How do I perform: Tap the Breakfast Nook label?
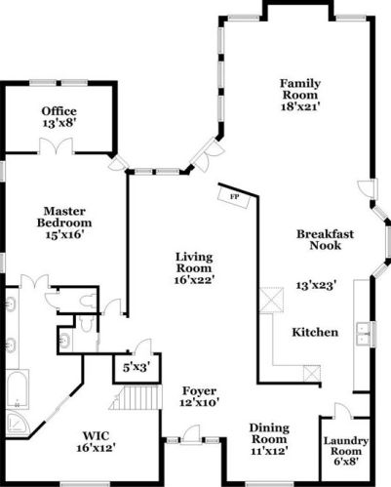point(324,240)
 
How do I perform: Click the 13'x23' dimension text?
point(316,285)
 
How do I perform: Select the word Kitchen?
point(316,333)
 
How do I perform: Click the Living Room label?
point(195,264)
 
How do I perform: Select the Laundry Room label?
point(346,453)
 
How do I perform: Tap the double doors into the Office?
point(55,146)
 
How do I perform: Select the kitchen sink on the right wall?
point(365,333)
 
